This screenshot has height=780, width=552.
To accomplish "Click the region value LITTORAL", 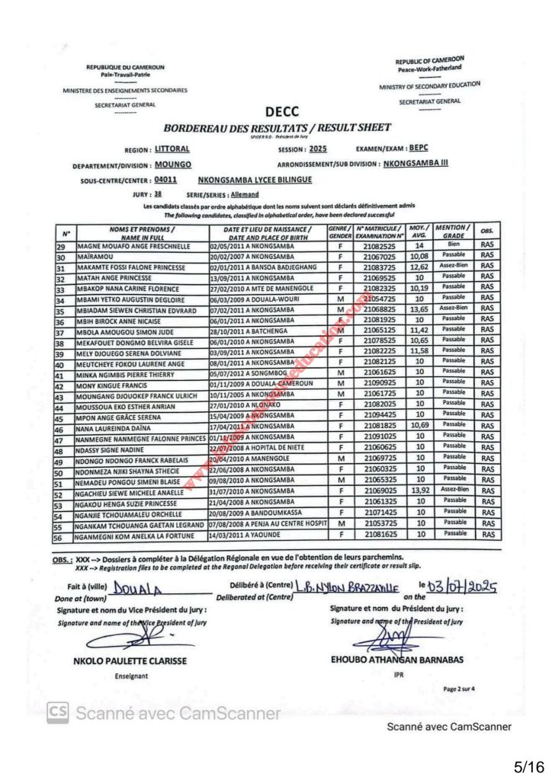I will click(x=172, y=149).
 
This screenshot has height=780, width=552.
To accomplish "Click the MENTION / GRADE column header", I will click(x=454, y=232).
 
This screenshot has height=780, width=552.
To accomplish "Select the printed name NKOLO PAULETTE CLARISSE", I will click(x=129, y=660).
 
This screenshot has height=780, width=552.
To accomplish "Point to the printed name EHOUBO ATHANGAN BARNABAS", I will click(x=396, y=659).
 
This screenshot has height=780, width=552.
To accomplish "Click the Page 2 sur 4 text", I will click(x=460, y=689).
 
